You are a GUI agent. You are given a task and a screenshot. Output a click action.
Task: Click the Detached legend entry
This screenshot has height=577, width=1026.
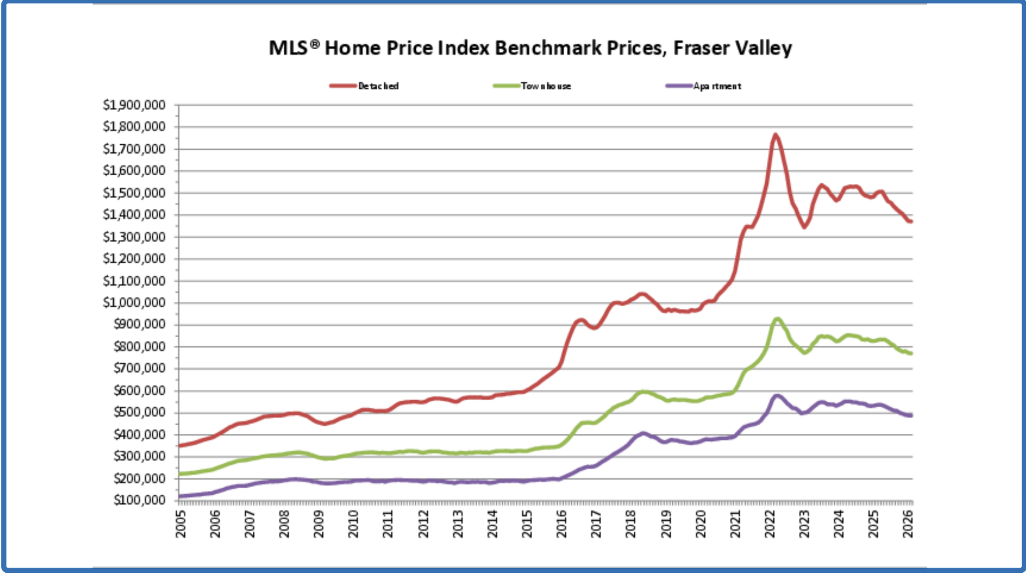tap(378, 86)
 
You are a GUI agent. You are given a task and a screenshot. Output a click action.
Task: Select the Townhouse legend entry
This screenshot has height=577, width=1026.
tap(546, 86)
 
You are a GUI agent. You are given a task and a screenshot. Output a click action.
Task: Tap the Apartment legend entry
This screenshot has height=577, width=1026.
tap(717, 86)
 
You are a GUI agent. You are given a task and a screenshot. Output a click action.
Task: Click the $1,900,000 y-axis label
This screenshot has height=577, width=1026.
tap(134, 105)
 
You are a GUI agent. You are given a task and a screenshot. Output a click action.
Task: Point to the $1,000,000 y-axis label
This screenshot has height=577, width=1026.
tap(134, 303)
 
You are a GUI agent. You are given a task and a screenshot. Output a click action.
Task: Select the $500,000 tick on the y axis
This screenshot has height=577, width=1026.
tap(139, 412)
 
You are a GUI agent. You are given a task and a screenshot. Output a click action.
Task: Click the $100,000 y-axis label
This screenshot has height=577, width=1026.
tap(139, 500)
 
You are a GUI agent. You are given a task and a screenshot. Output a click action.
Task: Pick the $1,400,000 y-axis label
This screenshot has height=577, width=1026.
tap(134, 215)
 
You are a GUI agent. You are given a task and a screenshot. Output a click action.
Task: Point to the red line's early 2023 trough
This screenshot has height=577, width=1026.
tap(804, 227)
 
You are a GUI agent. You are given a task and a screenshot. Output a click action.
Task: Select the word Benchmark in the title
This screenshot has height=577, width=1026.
tap(551, 48)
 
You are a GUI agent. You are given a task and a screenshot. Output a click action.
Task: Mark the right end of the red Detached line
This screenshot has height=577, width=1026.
tap(911, 221)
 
